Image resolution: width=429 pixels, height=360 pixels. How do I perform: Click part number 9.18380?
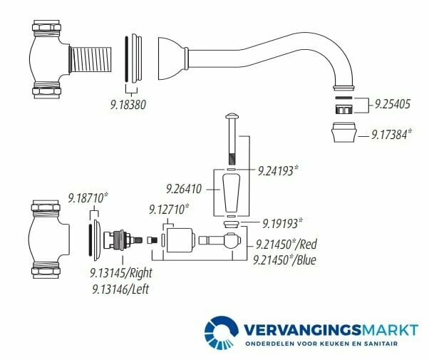pyautogui.click(x=128, y=105)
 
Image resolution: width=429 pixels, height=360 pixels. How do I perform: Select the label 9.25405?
pyautogui.click(x=393, y=104)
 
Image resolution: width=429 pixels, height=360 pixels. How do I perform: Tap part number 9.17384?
pyautogui.click(x=391, y=135)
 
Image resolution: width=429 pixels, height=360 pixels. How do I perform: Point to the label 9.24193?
pyautogui.click(x=277, y=171)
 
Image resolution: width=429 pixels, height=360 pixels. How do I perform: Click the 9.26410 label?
pyautogui.click(x=184, y=189)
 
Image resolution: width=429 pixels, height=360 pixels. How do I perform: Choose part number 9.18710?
pyautogui.click(x=88, y=198)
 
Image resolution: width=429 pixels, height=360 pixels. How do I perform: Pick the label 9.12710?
pyautogui.click(x=169, y=210)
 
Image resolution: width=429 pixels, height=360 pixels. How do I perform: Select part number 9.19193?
pyautogui.click(x=283, y=223)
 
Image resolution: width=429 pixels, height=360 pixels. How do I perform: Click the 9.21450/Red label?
pyautogui.click(x=286, y=245)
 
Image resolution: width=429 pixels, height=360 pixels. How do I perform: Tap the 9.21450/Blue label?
pyautogui.click(x=284, y=259)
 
